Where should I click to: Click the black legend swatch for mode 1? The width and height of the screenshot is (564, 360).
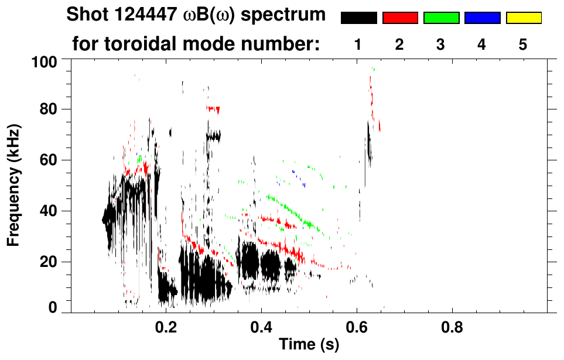tap(358, 18)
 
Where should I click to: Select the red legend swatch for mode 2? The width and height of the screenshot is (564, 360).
tap(400, 18)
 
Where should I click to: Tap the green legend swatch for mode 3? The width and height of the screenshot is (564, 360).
tap(441, 18)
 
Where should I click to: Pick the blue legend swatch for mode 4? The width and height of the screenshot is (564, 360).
tap(482, 18)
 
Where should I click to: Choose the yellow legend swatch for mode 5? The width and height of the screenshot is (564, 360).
tap(524, 18)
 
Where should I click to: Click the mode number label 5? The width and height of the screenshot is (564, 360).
tap(523, 44)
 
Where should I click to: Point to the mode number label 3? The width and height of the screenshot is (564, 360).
tap(440, 44)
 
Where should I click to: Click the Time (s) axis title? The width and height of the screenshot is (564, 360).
tap(309, 345)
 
